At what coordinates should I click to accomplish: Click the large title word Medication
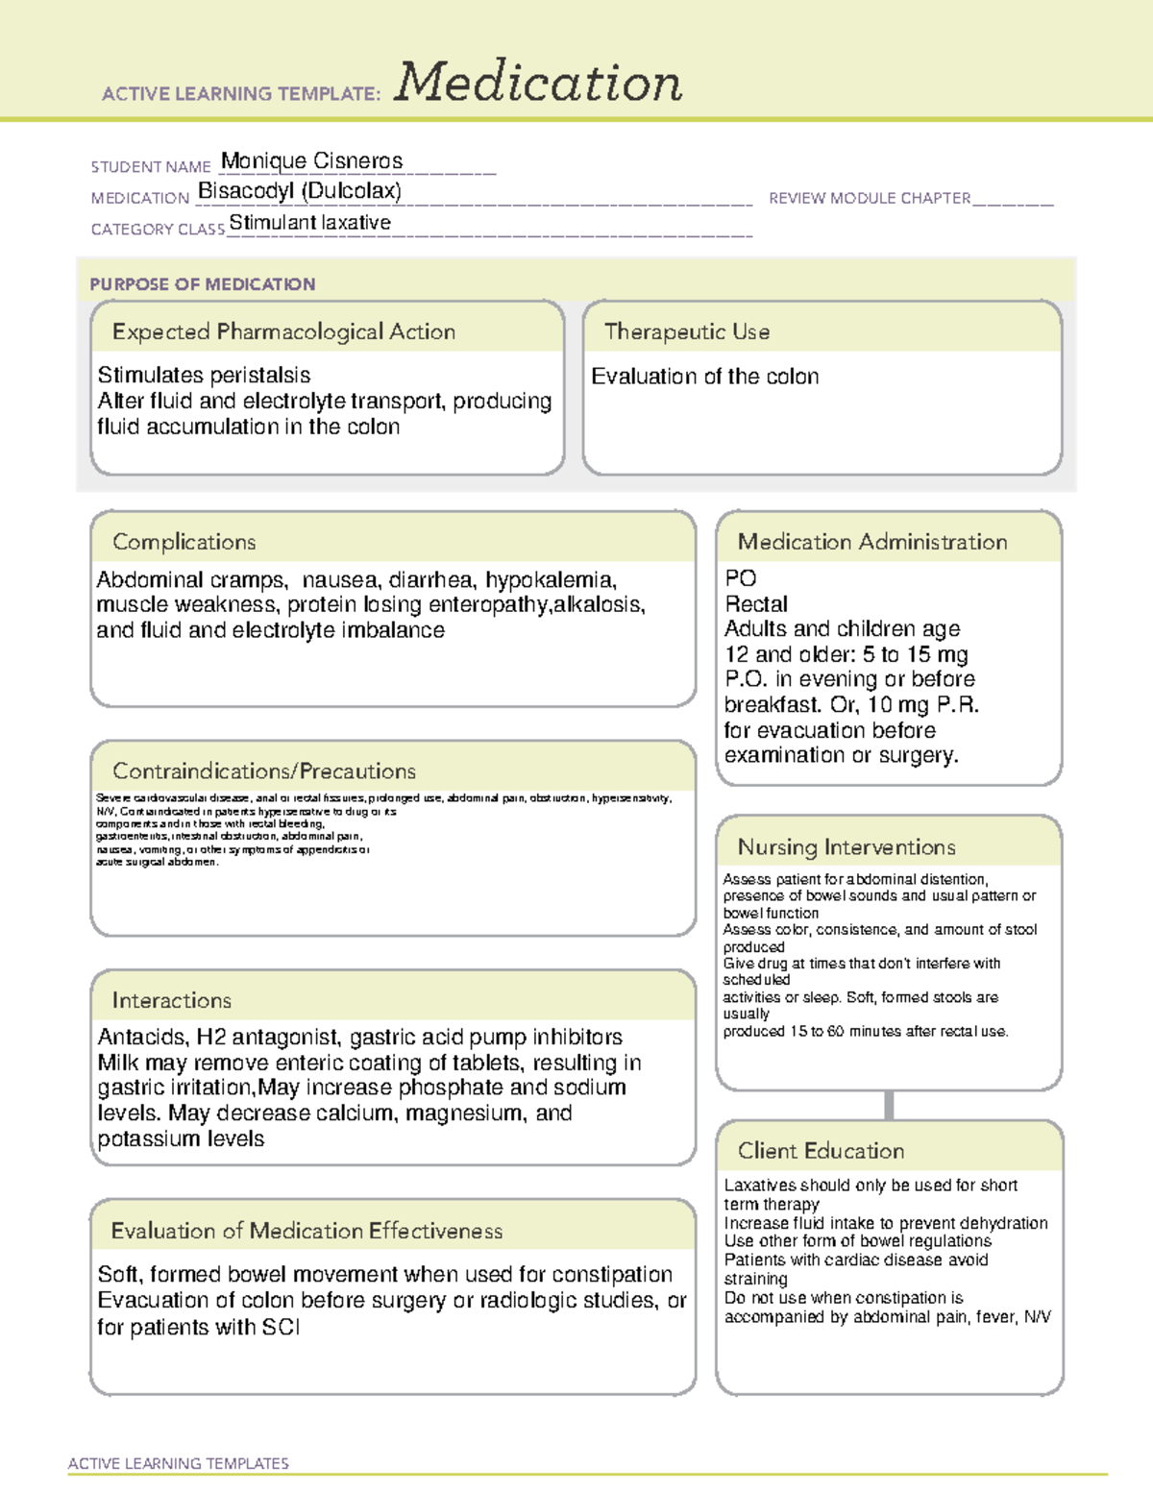tap(538, 83)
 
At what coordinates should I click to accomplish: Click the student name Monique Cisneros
tap(311, 160)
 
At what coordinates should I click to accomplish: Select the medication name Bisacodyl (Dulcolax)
tap(300, 191)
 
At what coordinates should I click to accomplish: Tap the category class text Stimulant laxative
tap(309, 223)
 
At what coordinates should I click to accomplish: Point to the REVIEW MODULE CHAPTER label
tap(870, 198)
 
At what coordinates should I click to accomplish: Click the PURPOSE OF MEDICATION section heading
tap(203, 284)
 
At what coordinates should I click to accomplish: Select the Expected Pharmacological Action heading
tap(283, 331)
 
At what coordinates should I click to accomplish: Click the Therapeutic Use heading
tap(687, 331)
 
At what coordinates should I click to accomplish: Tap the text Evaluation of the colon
tap(704, 377)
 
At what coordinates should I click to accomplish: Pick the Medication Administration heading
tap(871, 542)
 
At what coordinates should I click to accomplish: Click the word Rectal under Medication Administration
tap(756, 604)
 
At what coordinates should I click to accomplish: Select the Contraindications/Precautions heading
tap(264, 771)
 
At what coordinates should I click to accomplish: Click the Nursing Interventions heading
tap(846, 847)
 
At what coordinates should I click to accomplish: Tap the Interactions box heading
tap(172, 1001)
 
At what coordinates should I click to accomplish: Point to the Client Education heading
tap(821, 1151)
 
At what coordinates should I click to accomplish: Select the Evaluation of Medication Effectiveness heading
tap(307, 1231)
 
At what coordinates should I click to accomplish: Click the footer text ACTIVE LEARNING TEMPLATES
tap(179, 1463)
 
